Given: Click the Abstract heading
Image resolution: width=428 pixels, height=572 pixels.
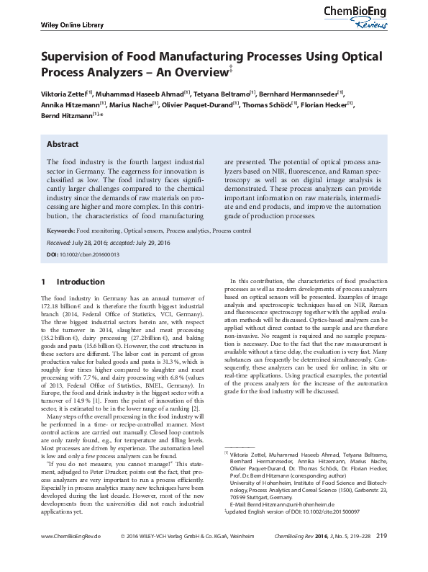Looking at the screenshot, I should tap(63, 144).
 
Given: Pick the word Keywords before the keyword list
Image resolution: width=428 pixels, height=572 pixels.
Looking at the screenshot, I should tap(60, 231).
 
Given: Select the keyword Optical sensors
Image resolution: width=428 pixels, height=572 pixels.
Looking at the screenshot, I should tap(143, 231).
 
